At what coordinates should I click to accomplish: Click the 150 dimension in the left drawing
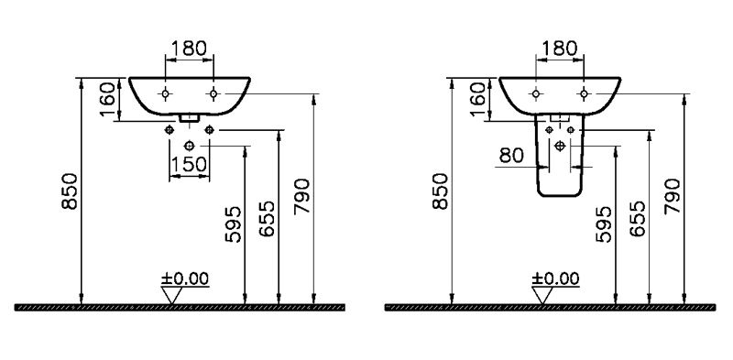[x=189, y=165]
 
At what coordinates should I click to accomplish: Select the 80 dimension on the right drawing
[x=511, y=155]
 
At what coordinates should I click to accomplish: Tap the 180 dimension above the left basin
[x=189, y=49]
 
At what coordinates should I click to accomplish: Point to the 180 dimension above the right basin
[x=560, y=49]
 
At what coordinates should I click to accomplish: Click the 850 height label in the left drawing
[x=70, y=191]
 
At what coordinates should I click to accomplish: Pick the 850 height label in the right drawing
[x=441, y=191]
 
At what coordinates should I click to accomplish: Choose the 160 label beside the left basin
[x=107, y=100]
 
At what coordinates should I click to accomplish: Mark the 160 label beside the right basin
[x=477, y=100]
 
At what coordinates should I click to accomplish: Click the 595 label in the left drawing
[x=234, y=224]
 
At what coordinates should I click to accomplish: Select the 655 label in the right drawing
[x=637, y=219]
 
